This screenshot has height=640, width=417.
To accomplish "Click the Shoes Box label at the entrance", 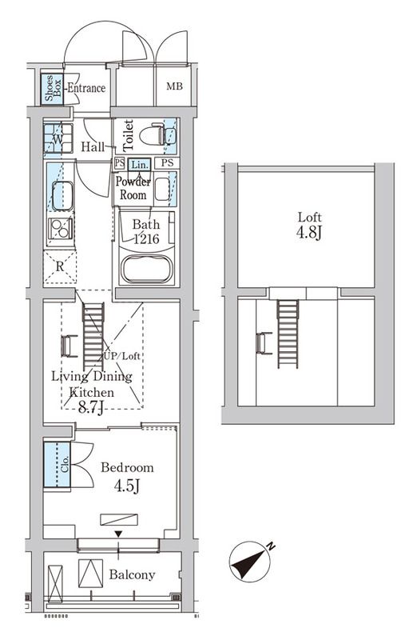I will point(50,87).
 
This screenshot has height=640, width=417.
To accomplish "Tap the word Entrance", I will point(85,88).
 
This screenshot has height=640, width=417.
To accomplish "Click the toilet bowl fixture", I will point(153,137).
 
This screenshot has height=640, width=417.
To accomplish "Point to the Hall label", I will point(93,147).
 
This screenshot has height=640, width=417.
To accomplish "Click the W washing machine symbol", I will point(56,139).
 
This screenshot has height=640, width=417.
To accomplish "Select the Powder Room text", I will point(133,188).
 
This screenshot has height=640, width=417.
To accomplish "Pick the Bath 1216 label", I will point(146,231).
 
